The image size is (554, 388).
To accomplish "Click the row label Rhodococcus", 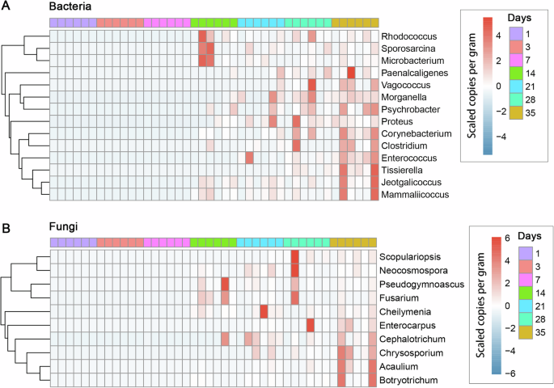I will [x=408, y=36].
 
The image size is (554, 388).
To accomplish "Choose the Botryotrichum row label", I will [x=408, y=380].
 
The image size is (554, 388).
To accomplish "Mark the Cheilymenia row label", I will [x=405, y=311].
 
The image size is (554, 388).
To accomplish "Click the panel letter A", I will [x=6, y=6].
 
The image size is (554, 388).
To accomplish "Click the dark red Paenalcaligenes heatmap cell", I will [x=350, y=73].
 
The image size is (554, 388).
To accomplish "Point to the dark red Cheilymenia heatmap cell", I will [x=264, y=311].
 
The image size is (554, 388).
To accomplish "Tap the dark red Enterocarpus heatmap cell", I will [x=311, y=325].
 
